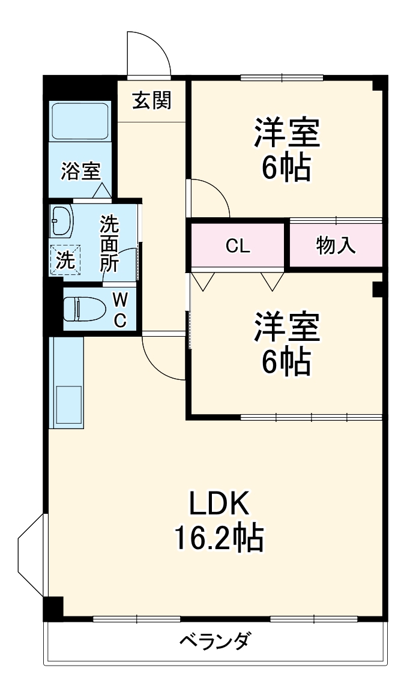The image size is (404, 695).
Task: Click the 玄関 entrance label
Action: point(151,101)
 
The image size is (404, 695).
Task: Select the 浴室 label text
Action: point(80,172)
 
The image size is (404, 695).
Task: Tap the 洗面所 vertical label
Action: point(110,244)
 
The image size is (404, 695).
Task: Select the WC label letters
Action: point(120,310)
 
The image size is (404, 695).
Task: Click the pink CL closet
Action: point(238,245)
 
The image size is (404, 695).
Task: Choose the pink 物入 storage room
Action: point(336,245)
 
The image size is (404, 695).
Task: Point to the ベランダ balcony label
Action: point(214,642)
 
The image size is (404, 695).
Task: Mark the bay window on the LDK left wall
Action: point(31,555)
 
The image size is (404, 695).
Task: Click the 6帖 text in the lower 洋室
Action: point(286,361)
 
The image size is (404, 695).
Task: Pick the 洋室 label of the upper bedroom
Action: point(286,133)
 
